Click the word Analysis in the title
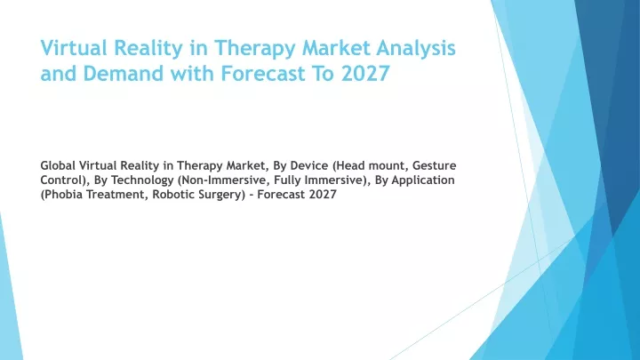[x=415, y=48]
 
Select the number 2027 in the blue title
[x=365, y=74]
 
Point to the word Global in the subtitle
[x=58, y=165]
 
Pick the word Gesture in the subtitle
[x=435, y=165]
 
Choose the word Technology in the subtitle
[x=142, y=180]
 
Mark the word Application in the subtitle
[x=423, y=180]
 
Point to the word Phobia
[x=60, y=195]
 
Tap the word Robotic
[x=173, y=195]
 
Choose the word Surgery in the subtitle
[x=220, y=195]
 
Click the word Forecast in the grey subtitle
[x=282, y=195]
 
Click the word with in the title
[x=192, y=74]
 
